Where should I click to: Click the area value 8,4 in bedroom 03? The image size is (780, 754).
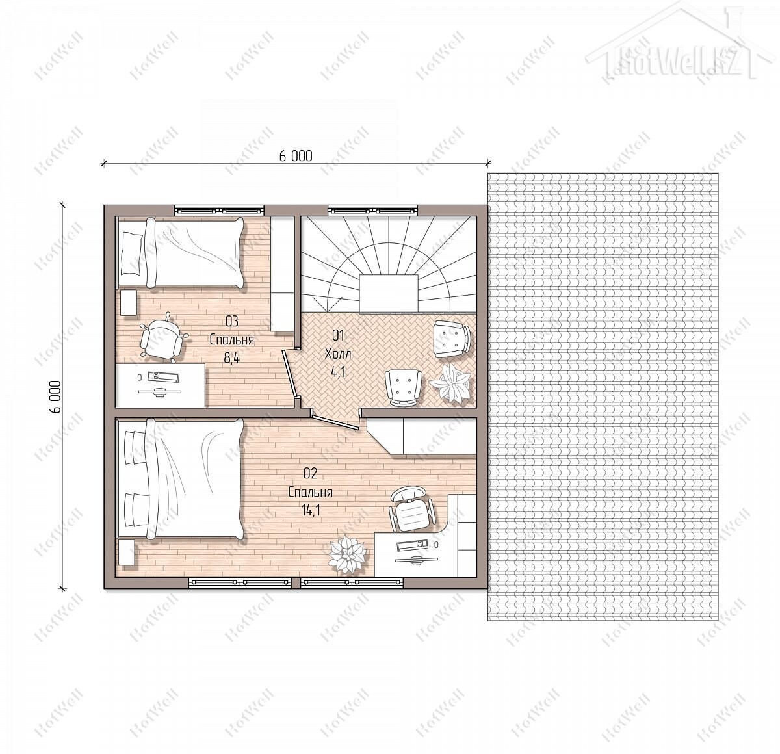(x=231, y=357)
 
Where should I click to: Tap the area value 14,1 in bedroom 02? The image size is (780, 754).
(x=310, y=510)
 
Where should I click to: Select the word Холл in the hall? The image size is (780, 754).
(x=338, y=354)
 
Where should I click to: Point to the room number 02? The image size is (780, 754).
(x=311, y=473)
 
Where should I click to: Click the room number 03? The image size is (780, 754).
(x=231, y=321)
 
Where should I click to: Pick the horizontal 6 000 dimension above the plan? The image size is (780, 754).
(x=295, y=156)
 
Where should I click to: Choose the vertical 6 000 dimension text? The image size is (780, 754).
(x=56, y=396)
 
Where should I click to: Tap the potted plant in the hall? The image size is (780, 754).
(x=450, y=382)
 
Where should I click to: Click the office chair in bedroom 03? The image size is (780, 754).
(x=162, y=338)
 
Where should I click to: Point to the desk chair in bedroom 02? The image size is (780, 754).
(x=411, y=509)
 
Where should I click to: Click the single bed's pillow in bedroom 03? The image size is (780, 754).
(x=131, y=253)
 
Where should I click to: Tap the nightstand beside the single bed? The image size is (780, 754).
(x=128, y=303)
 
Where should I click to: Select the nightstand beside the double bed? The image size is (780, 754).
(x=127, y=552)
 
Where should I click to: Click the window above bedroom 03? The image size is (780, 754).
(x=219, y=210)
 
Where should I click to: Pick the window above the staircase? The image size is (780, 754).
(x=372, y=210)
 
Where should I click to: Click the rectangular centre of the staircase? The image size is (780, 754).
(x=389, y=293)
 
